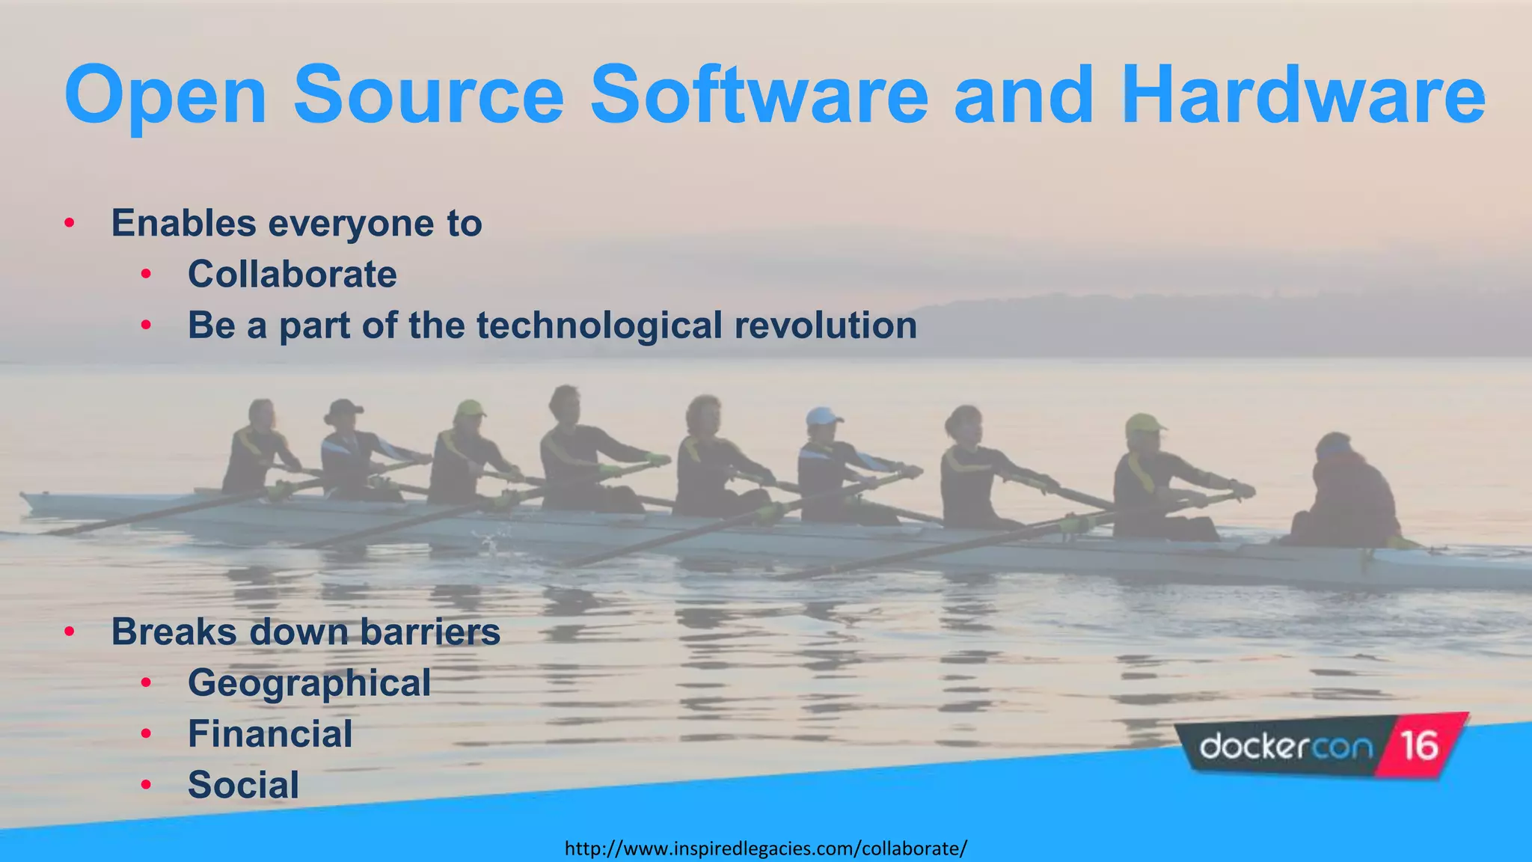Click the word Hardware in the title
1303,96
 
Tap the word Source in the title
429,96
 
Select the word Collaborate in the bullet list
292,274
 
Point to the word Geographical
309,682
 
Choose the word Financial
270,733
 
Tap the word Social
243,784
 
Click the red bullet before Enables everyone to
70,223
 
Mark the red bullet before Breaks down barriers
70,632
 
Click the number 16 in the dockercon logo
1418,745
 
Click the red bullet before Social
146,784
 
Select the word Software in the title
759,96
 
